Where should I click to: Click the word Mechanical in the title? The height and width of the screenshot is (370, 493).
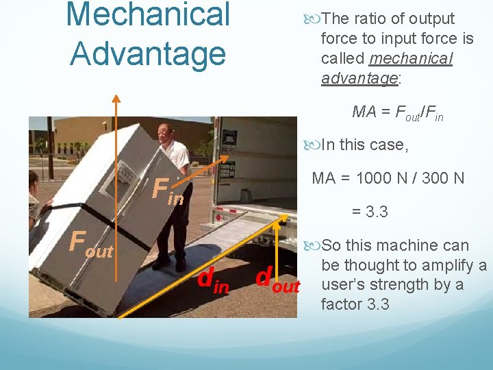(149, 15)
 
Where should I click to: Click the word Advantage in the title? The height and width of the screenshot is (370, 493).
(147, 53)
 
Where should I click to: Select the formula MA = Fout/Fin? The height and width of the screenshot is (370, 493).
(397, 112)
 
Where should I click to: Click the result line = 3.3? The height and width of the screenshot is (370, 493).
(370, 212)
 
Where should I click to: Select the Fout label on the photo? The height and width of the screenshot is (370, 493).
(91, 243)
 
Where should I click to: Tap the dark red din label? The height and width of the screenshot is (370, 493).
(213, 280)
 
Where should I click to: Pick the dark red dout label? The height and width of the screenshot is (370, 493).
(277, 280)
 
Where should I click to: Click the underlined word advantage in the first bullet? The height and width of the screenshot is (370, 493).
(359, 78)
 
